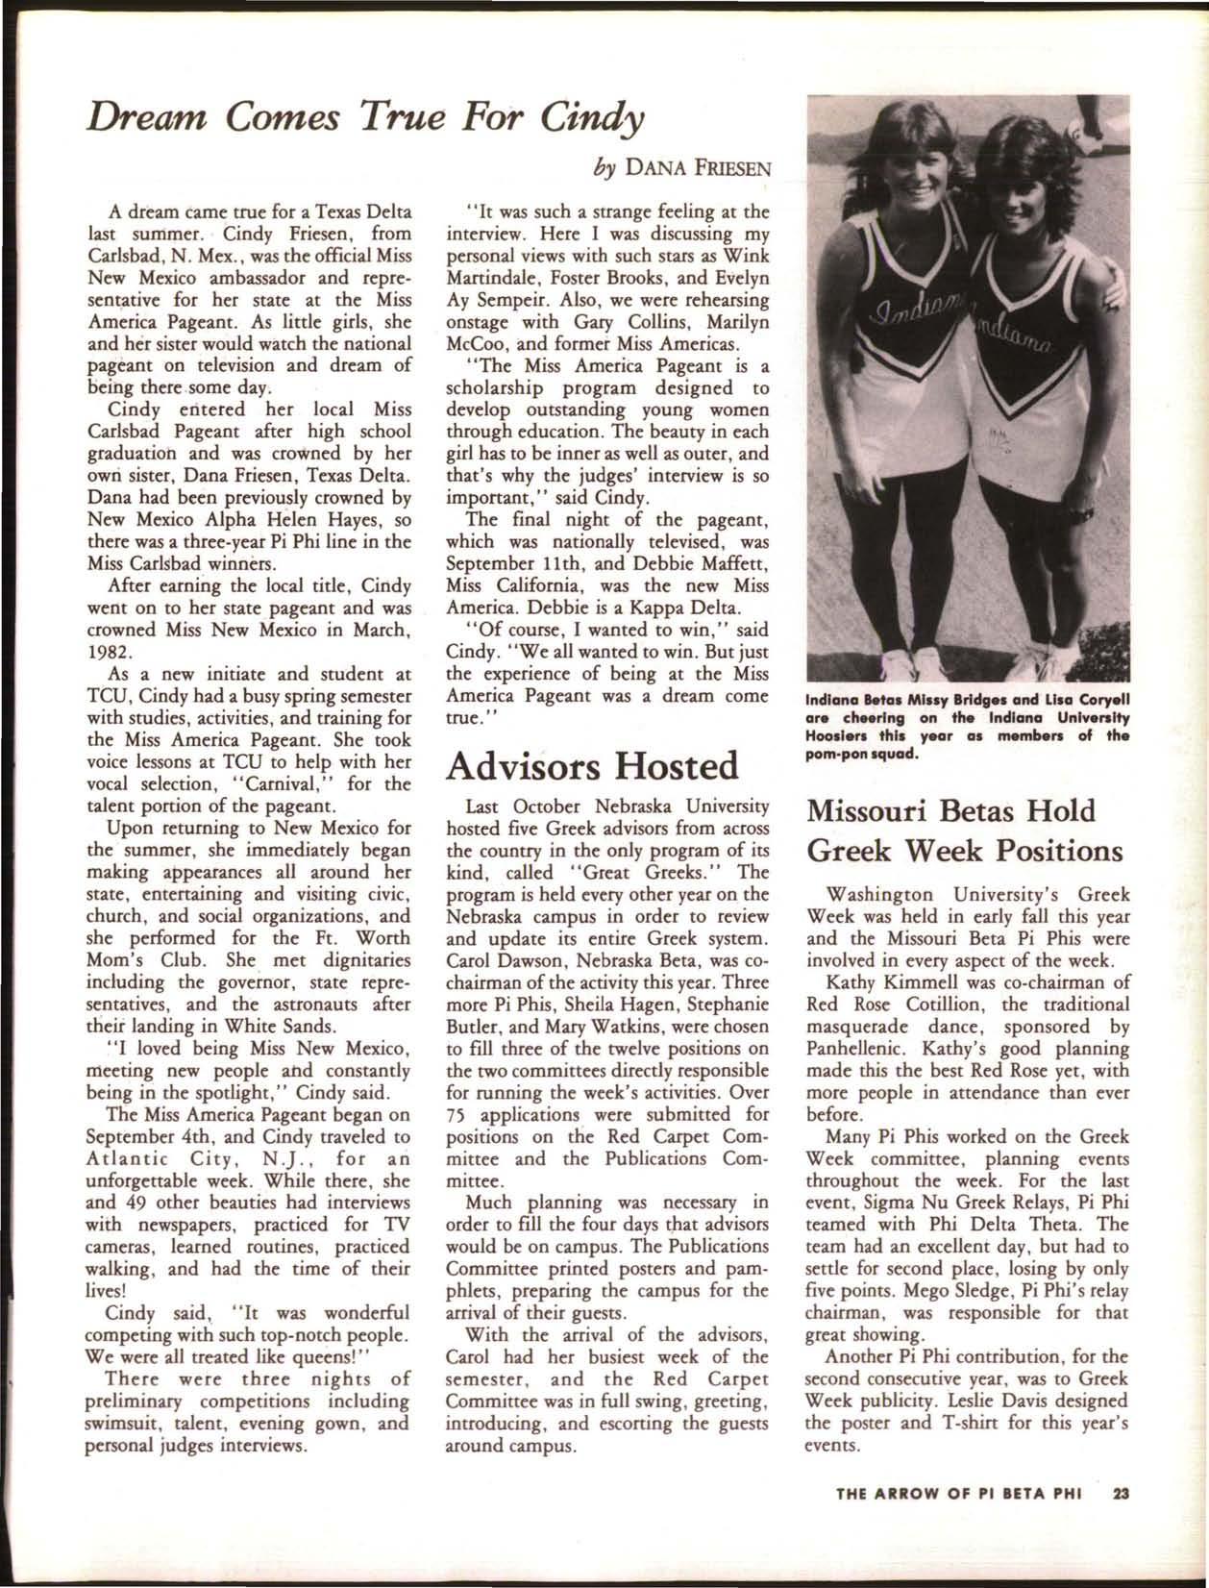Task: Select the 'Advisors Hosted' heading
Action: [x=594, y=765]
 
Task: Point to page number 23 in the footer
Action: [x=1121, y=1493]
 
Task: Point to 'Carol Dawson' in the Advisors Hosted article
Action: [x=504, y=960]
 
